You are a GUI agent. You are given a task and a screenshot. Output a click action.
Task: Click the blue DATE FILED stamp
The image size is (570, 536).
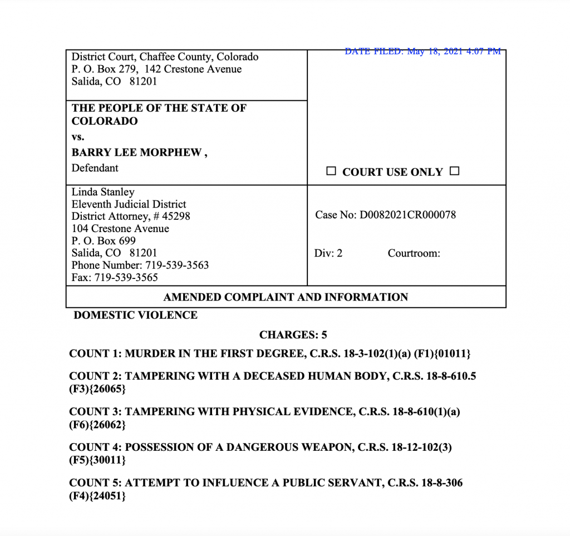[x=422, y=51]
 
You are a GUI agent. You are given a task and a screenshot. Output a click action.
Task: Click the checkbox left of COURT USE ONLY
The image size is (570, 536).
[x=331, y=171]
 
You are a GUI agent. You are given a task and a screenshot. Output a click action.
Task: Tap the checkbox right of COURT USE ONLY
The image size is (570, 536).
[x=454, y=171]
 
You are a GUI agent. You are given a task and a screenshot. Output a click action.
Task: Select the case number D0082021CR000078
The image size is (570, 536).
[x=408, y=214]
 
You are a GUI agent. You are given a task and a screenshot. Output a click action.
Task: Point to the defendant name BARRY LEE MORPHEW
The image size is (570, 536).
[x=137, y=153]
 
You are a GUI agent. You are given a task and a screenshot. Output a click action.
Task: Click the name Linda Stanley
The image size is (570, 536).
[x=103, y=192]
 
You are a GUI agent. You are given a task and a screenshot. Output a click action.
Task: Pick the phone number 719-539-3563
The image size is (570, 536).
[x=175, y=265]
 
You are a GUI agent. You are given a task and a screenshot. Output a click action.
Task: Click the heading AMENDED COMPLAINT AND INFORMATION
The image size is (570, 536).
[x=286, y=297]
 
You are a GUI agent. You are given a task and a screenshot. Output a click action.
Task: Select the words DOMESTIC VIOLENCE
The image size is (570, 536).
[x=136, y=315]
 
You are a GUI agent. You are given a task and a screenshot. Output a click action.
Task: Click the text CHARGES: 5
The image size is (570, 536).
[x=293, y=335]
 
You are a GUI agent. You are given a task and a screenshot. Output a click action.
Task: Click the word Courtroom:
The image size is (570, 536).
[x=414, y=253]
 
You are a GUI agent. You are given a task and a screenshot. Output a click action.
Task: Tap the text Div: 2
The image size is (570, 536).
[x=328, y=253]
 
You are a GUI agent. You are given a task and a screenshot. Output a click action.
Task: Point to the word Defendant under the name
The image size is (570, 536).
[x=95, y=168]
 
